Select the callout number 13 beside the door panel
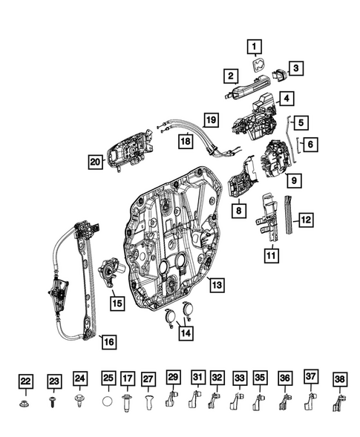tap(215, 284)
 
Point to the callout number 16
tap(108, 342)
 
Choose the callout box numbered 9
tap(294, 180)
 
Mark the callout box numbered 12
tap(306, 219)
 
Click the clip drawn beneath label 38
tap(339, 403)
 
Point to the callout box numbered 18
tap(183, 140)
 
